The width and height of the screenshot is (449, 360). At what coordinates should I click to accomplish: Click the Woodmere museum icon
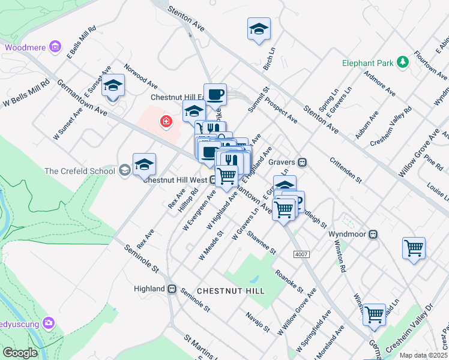point(55,46)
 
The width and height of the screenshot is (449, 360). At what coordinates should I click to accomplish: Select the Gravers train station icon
point(303,161)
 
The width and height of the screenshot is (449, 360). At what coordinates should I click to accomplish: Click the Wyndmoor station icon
point(373,233)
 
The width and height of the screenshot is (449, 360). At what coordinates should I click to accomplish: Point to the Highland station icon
point(172,289)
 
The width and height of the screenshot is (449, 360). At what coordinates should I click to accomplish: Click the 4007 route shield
point(301,254)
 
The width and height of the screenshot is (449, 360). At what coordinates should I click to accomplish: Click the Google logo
point(19,353)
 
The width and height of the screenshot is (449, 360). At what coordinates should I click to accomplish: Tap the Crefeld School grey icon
point(125,171)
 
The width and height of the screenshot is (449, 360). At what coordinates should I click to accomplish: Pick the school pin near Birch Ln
point(259,29)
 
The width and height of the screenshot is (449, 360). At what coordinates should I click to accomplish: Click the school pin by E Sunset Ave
point(112,86)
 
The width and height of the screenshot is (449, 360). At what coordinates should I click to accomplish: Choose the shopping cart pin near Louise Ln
point(414,248)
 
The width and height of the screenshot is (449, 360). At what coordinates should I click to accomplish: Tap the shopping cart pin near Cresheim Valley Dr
point(374,314)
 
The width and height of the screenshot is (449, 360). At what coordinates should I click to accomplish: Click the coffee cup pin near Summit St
point(215,94)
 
